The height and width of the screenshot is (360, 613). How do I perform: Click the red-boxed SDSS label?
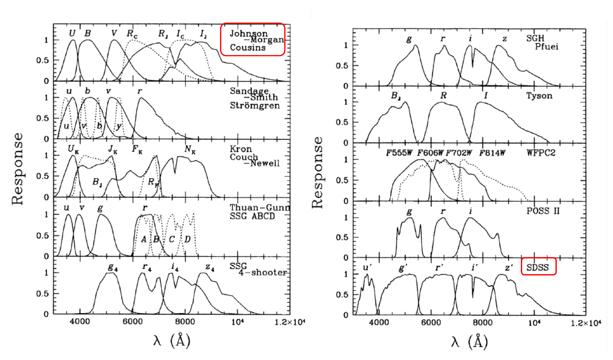pos(538,267)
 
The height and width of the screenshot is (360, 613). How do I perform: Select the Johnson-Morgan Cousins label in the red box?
pos(253,40)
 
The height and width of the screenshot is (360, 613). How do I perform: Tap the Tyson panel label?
pos(539,96)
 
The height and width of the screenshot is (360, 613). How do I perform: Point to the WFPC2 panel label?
pos(541,153)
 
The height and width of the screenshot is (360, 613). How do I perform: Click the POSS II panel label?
pos(543,211)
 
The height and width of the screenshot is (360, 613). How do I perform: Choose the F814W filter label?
pos(492,153)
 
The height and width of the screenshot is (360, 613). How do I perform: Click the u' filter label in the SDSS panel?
pos(367,267)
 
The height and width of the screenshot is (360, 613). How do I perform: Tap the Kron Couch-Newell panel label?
pos(254,156)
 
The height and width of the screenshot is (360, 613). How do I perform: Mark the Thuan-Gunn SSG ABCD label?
pos(259,212)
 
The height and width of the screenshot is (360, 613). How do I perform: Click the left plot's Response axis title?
pos(18,169)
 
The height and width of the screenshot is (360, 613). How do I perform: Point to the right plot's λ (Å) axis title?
pos(469,342)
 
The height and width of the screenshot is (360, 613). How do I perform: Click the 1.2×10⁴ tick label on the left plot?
pos(290,322)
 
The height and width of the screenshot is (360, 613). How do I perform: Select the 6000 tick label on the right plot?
pos(430,322)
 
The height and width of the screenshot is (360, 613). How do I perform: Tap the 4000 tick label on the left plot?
pos(80,322)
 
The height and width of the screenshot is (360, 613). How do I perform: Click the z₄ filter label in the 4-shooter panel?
pos(210,267)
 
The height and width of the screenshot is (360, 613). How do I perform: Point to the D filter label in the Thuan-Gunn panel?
pos(188,239)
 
